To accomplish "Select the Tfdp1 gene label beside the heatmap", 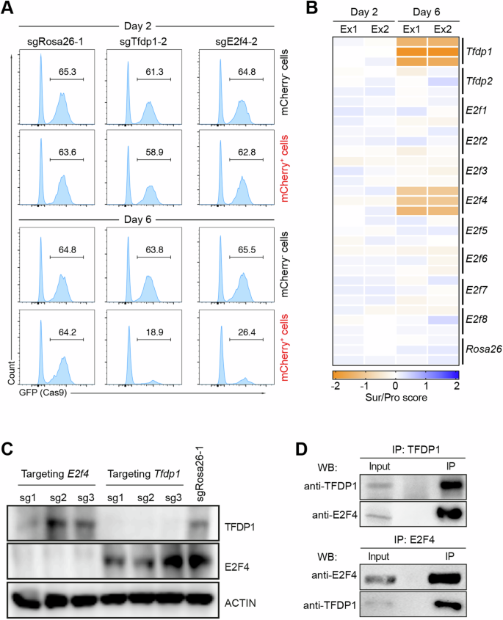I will click(480, 54).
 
